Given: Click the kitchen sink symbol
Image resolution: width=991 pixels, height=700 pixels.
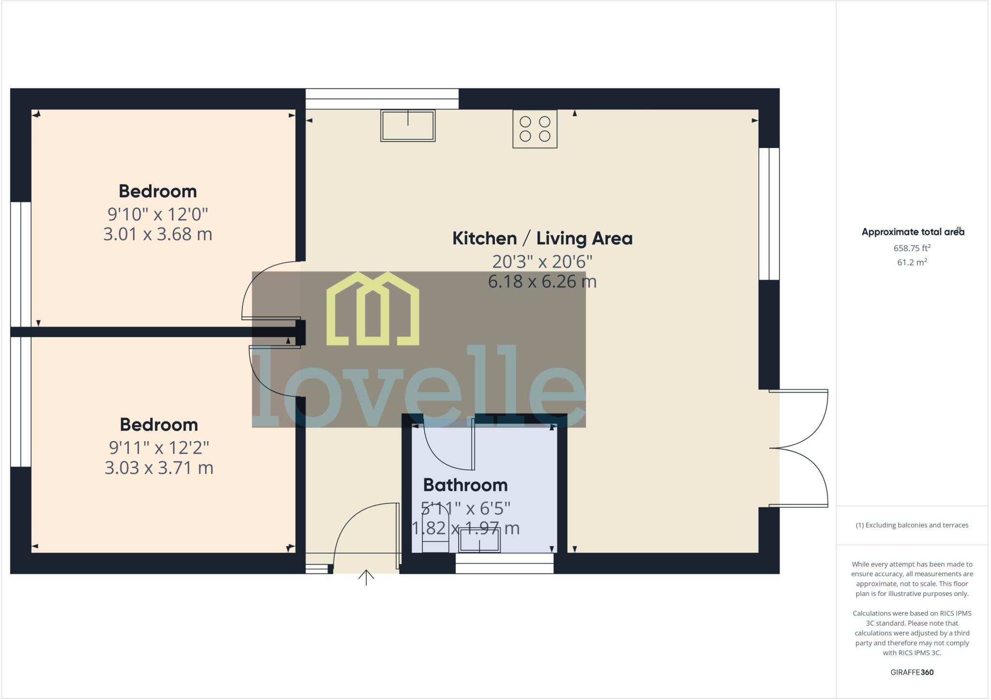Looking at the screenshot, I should tap(407, 125).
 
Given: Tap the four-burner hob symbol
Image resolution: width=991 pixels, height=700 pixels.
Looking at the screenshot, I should tap(535, 129).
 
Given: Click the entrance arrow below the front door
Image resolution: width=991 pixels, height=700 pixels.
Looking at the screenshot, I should tap(366, 577).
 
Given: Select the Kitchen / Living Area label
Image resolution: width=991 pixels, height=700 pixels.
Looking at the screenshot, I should tap(542, 238).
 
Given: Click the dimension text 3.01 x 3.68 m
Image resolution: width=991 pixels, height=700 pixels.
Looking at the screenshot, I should tap(158, 234).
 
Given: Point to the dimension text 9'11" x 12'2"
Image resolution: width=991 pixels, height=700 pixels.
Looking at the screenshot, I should tap(159, 447).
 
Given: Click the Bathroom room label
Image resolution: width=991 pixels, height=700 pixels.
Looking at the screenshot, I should tap(465, 485).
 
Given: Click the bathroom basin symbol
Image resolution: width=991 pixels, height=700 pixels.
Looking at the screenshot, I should tap(480, 540).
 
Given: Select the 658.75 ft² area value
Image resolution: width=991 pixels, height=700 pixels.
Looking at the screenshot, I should tap(912, 248).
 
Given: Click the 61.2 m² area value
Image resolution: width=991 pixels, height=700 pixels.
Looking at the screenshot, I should tap(912, 262).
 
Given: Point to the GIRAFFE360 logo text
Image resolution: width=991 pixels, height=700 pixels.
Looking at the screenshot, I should tap(912, 672).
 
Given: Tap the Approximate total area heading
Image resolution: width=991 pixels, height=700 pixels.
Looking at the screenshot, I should tap(912, 232).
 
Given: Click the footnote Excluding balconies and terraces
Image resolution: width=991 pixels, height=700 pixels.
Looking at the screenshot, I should tap(912, 525).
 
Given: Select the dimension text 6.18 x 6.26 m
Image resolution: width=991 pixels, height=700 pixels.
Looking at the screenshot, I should tap(542, 281).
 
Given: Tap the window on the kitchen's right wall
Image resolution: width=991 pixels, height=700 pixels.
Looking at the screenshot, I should tap(769, 214).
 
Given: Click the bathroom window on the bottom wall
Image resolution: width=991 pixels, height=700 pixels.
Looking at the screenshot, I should tap(504, 563).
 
